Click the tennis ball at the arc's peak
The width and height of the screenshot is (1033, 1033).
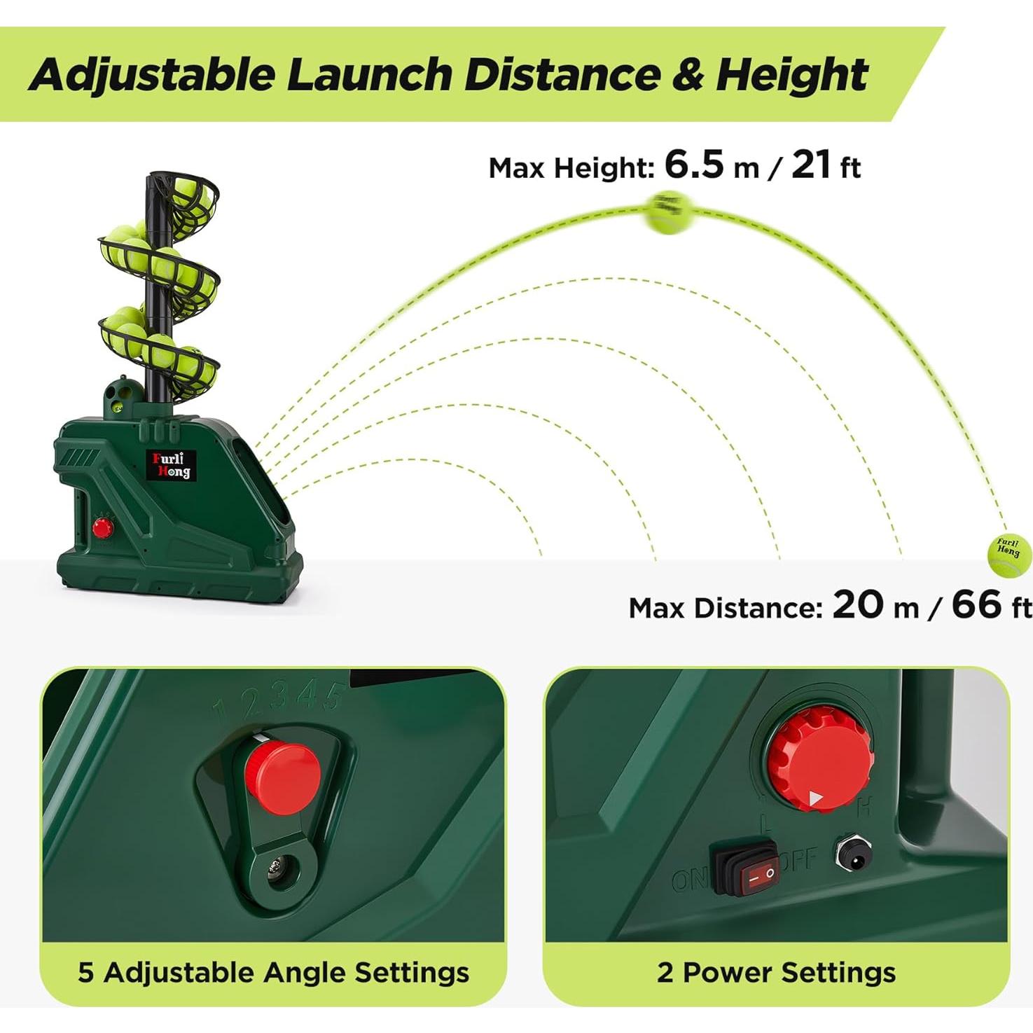(x=668, y=212)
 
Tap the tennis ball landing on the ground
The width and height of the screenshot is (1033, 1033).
(x=1009, y=554)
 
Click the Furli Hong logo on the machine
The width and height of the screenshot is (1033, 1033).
(x=172, y=465)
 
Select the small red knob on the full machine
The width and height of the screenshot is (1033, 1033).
(x=103, y=527)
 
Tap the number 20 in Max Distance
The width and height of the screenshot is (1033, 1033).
(x=859, y=604)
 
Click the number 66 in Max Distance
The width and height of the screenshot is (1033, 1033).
(x=976, y=604)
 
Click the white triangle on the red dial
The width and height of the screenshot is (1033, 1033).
(x=815, y=798)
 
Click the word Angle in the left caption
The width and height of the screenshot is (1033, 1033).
(x=304, y=972)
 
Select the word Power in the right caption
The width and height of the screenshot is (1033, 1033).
(x=727, y=972)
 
